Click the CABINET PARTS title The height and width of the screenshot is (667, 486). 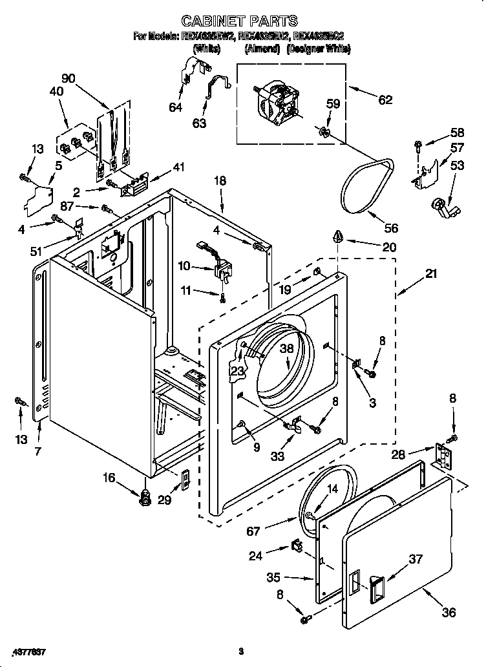point(239,21)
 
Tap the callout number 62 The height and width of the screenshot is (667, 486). point(385,100)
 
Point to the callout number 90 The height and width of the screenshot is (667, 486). point(69,79)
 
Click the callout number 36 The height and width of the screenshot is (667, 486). point(449,612)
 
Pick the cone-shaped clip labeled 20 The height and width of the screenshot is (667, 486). point(338,237)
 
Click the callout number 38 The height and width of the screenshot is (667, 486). point(287,348)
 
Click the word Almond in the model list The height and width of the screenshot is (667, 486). point(262,49)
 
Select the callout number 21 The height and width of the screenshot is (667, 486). point(430,273)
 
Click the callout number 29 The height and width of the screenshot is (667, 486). point(165,501)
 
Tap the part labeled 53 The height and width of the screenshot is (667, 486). point(443,210)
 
